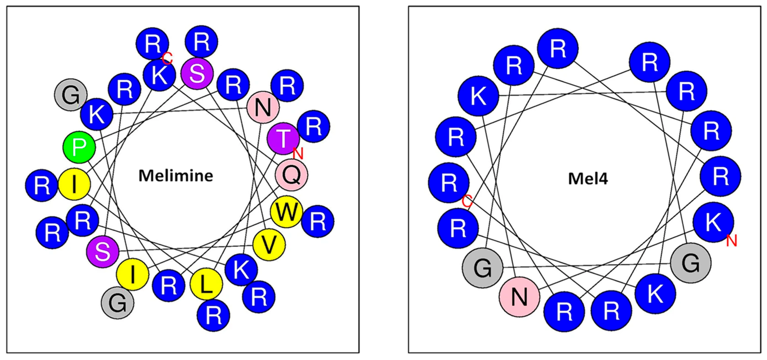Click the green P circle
79,147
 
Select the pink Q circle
291,175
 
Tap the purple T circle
283,138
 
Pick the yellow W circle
286,212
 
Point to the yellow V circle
269,245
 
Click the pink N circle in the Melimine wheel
263,107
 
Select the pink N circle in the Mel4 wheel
519,297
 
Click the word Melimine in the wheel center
176,176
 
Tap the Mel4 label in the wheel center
588,179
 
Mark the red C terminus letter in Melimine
167,58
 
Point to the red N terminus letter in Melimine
298,154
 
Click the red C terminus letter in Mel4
467,202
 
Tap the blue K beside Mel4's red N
713,222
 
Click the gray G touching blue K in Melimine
71,95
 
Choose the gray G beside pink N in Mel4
482,268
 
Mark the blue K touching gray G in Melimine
97,114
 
